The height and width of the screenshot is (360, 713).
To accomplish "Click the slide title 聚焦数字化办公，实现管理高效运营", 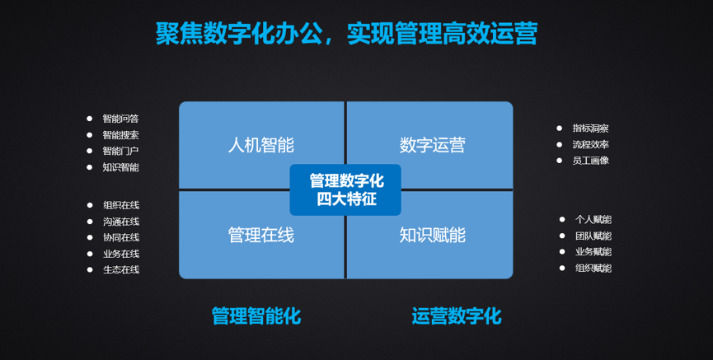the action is tap(346, 33).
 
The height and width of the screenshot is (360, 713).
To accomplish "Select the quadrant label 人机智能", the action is tap(261, 146).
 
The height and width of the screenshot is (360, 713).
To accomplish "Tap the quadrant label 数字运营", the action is tap(433, 146).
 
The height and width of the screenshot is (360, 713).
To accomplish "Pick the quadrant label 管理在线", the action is tap(261, 235).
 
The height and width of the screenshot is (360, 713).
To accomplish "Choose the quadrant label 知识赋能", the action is tap(433, 235).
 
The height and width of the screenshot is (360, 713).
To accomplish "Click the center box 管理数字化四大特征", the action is tap(345, 190).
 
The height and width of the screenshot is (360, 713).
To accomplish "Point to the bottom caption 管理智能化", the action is tap(256, 316).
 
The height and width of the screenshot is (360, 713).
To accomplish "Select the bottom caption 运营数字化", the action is tap(457, 316).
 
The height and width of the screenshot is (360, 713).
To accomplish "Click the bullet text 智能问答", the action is tap(120, 119).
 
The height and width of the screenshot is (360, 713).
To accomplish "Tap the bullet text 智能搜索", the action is tap(120, 135).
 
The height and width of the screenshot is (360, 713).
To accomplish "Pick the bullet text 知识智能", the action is tap(120, 167).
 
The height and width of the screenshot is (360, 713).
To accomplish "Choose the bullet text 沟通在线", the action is tap(121, 222).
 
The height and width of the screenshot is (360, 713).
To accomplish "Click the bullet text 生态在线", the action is tap(121, 269).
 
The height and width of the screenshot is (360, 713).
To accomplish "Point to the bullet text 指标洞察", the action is tap(591, 129).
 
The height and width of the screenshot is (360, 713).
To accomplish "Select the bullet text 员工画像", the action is tap(591, 161).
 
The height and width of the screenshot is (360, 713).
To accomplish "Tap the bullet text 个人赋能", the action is tap(593, 220).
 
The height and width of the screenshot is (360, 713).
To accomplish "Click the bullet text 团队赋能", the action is tap(593, 236).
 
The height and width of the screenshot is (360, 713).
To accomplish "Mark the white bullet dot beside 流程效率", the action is tap(560, 144).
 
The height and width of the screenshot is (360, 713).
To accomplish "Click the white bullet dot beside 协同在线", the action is tap(90, 237).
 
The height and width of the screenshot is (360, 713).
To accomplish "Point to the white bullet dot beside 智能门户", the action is tap(89, 151).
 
